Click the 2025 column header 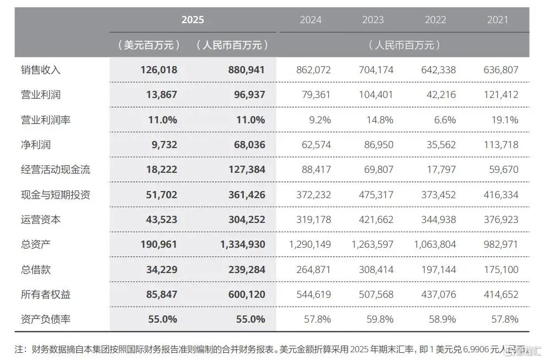click(x=193, y=20)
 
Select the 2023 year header click(x=373, y=20)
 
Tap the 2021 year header click(x=498, y=20)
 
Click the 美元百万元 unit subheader click(x=149, y=45)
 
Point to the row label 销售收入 click(x=40, y=70)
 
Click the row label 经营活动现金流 click(x=55, y=170)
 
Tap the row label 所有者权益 click(x=45, y=294)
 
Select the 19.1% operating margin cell click(x=504, y=119)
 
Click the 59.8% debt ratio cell click(x=380, y=319)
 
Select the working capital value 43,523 click(x=160, y=220)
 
